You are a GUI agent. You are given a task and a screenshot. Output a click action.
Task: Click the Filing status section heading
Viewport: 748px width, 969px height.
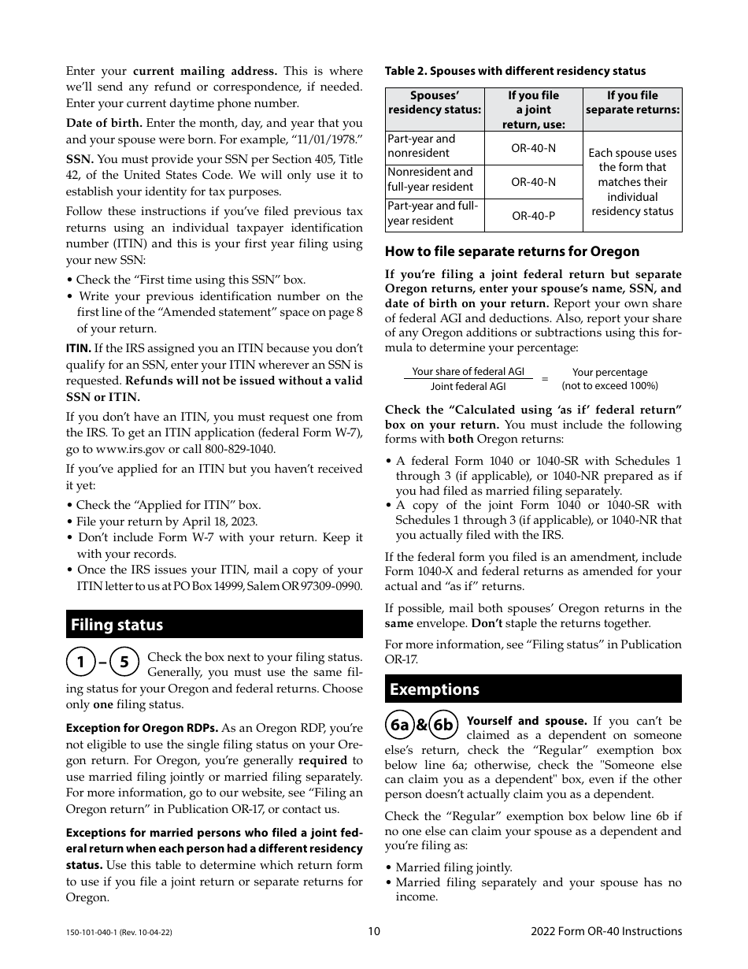pos(117,625)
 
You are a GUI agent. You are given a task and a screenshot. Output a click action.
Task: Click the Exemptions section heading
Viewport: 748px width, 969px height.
pos(435,689)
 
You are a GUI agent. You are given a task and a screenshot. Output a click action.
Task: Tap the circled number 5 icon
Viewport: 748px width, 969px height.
pos(124,663)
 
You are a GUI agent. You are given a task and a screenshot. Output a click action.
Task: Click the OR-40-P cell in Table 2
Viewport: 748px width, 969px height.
pos(533,215)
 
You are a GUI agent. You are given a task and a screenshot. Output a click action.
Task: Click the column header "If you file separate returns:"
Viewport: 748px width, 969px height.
pos(632,102)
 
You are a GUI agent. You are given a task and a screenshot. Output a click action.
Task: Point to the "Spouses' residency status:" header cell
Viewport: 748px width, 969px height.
pos(434,102)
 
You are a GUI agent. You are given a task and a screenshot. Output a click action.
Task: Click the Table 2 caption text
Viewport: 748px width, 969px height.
pos(515,71)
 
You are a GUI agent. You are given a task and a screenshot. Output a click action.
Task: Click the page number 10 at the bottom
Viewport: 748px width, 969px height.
pos(374,931)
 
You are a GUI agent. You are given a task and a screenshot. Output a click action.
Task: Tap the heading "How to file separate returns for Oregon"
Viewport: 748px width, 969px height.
pos(512,251)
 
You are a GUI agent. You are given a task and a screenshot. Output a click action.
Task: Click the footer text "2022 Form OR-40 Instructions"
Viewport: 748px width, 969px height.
pos(606,931)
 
